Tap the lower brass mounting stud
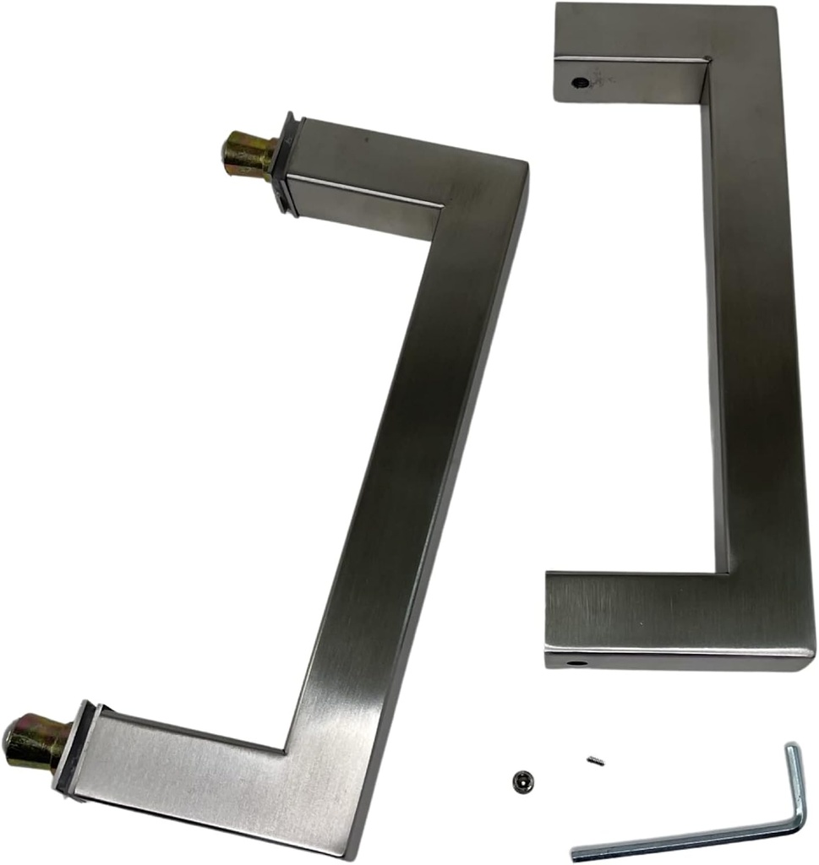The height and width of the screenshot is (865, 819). [x=34, y=738]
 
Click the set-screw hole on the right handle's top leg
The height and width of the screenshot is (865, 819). [x=580, y=83]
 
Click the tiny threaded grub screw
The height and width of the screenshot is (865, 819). [x=594, y=760]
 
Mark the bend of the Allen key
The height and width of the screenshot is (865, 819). [x=799, y=823]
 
